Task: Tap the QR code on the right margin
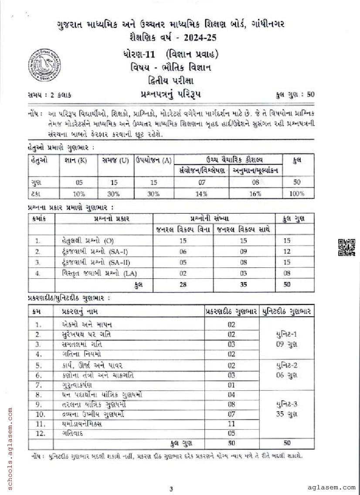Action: (x=346, y=247)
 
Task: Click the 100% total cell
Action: (x=296, y=194)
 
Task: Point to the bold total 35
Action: (x=243, y=284)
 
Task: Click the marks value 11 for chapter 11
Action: (x=231, y=423)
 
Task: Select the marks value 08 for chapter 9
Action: (x=231, y=404)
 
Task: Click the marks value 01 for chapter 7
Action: (x=231, y=385)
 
